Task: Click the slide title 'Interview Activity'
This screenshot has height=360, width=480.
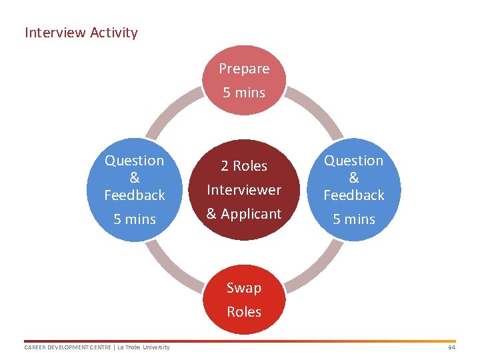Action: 81,33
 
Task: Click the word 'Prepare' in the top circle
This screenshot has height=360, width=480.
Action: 244,69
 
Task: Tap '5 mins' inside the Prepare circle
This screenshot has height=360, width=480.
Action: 244,93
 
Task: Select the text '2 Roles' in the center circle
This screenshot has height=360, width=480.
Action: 244,166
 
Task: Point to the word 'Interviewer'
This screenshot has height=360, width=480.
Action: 244,190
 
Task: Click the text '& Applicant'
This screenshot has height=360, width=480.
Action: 244,214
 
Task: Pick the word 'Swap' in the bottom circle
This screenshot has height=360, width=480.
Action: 244,288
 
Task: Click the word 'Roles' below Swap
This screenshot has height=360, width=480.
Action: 244,312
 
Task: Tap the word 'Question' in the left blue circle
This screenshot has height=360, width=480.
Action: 135,161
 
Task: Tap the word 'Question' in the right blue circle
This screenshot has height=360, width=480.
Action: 354,161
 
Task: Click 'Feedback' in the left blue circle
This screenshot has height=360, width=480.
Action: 135,195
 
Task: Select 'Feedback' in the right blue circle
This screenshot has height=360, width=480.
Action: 354,195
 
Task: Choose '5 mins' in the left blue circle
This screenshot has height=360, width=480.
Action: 135,219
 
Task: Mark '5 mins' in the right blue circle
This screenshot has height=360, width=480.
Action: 354,219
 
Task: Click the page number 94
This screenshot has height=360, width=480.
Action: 451,347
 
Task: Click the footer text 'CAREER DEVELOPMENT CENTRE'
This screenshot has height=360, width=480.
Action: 65,347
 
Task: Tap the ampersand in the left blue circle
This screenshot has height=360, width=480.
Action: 135,178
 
